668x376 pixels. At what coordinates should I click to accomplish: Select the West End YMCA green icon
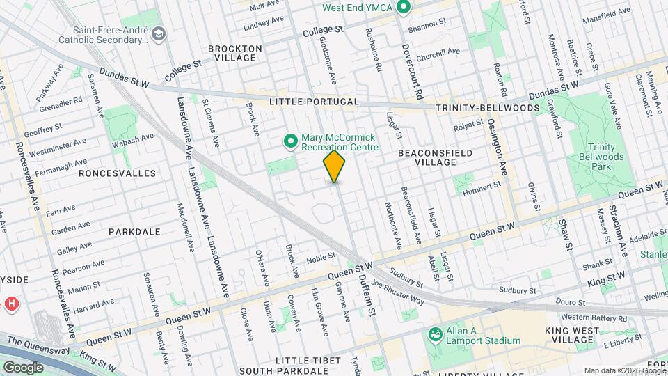tap(402, 8)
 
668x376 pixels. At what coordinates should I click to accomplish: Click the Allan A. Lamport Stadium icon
tap(435, 335)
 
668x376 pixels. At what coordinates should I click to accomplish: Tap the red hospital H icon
tap(10, 304)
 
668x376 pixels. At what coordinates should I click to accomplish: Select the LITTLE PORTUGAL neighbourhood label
tap(314, 102)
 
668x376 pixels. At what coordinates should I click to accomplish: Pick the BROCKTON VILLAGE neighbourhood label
tap(235, 53)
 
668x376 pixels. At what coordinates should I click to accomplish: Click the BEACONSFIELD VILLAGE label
tap(436, 157)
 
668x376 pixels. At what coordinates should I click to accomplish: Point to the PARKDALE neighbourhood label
tap(135, 231)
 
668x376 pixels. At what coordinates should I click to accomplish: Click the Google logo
tap(23, 368)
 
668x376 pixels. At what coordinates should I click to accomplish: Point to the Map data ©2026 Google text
tap(623, 370)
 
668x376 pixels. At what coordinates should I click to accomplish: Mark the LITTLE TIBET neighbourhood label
tap(308, 360)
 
